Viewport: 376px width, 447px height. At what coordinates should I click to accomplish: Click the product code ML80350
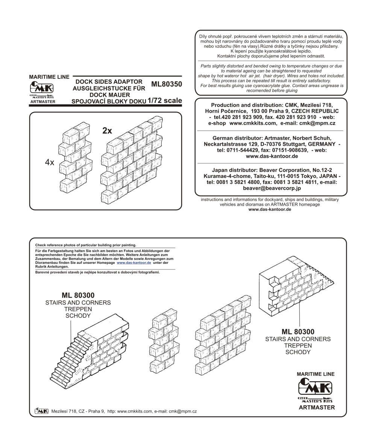pos(166,84)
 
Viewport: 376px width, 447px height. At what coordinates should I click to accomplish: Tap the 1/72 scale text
pos(165,101)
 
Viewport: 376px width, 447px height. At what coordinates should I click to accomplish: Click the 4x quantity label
pos(50,163)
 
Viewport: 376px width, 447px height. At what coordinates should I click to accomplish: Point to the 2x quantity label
pos(107,131)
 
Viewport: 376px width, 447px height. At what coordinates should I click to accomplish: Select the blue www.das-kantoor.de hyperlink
pos(134,263)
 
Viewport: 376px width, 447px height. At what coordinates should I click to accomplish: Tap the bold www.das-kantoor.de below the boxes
pos(270,209)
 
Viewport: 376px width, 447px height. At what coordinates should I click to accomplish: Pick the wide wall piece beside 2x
pos(132,160)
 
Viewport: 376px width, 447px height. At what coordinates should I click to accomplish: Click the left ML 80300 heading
pos(78,296)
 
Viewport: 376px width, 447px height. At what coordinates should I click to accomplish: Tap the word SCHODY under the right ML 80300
pos(298,352)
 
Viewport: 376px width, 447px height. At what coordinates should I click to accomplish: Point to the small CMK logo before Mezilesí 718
pos(41,411)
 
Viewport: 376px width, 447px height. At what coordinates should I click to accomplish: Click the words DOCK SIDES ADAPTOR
pos(109,82)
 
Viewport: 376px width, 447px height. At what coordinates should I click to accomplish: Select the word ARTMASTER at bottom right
pos(317,407)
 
